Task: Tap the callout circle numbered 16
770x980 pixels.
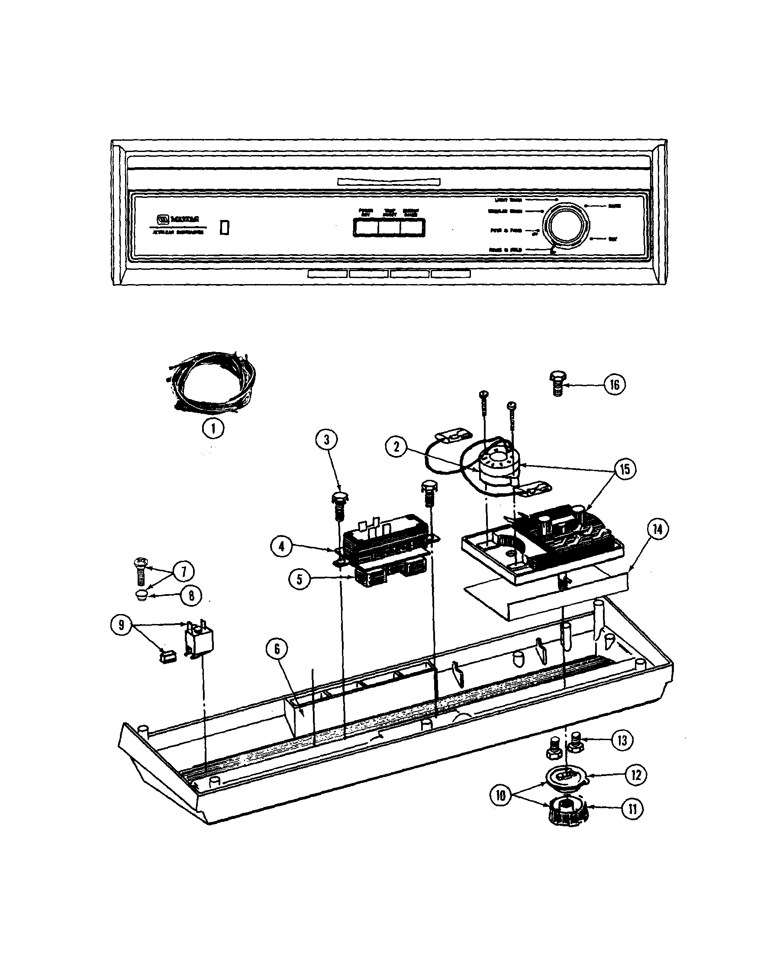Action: pyautogui.click(x=615, y=385)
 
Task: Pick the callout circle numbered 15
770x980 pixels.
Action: pyautogui.click(x=625, y=469)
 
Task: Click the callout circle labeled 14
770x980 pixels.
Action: pyautogui.click(x=658, y=530)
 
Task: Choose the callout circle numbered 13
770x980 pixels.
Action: pyautogui.click(x=622, y=740)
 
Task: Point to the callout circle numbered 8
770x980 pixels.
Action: pyautogui.click(x=191, y=596)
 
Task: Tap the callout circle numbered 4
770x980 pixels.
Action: pyautogui.click(x=282, y=547)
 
